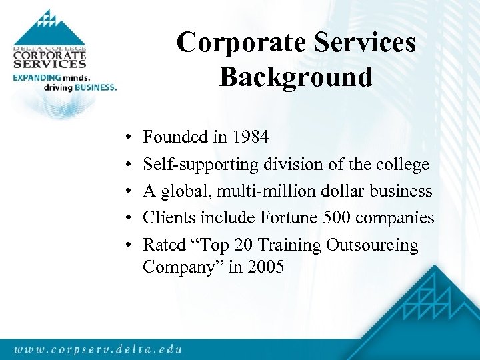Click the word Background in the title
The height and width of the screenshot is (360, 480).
coord(295,77)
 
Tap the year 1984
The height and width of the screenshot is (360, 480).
coord(250,137)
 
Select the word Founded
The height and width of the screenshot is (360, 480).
coord(175,137)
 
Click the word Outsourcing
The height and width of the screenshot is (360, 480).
coord(372,245)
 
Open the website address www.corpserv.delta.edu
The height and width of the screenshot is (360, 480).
coord(97,349)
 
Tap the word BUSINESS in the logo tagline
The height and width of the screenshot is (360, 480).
coord(95,87)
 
